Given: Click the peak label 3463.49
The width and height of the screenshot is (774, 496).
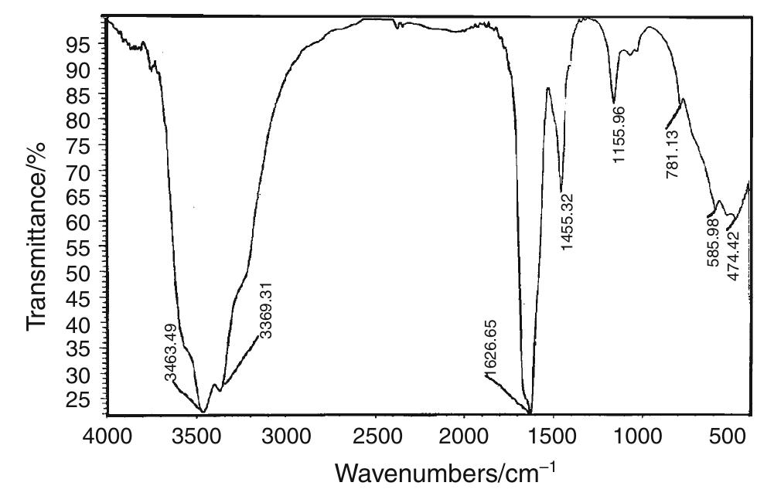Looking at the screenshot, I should [172, 352].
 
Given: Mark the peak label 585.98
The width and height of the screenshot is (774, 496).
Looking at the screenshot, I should [714, 241].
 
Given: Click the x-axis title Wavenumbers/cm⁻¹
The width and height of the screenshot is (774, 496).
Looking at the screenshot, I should [445, 471].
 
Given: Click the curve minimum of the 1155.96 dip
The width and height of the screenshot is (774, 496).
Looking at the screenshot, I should [614, 101].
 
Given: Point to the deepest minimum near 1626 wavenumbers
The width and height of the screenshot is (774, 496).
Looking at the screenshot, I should [530, 413].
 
